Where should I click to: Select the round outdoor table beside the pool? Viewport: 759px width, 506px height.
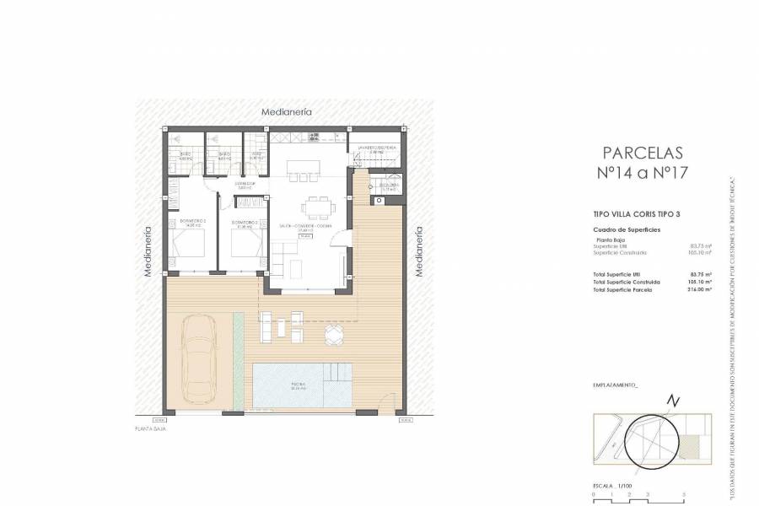point(335,336)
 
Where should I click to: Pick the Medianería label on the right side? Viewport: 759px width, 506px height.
point(417,251)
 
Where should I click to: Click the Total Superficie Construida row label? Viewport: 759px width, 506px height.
point(627,282)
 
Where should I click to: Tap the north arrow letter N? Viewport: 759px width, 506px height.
point(671,400)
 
